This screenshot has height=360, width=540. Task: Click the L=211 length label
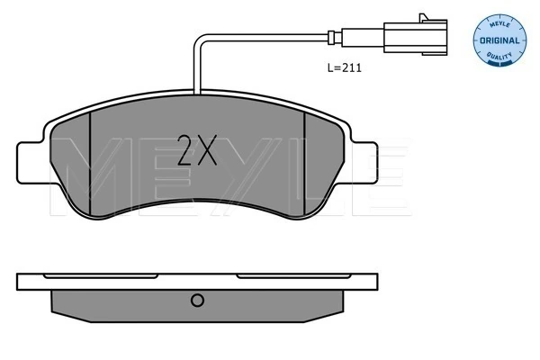point(344,67)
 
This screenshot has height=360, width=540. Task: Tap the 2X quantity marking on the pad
point(197,150)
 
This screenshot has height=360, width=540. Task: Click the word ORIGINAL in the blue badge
point(499,40)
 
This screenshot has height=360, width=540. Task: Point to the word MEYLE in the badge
point(499,24)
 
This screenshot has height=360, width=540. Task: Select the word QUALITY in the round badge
point(499,56)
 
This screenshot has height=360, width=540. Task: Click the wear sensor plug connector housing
point(415,37)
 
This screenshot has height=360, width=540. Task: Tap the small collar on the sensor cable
point(331,38)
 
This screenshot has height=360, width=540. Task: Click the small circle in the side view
point(197,300)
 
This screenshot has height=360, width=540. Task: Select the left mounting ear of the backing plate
point(30,163)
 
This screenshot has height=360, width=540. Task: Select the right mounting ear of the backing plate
point(364,163)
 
